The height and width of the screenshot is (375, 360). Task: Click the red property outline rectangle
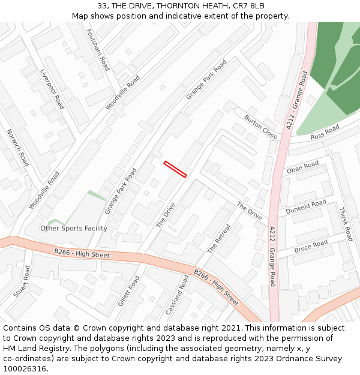175,169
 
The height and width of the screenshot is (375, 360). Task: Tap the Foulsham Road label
98,50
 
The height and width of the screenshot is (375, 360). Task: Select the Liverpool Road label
52,89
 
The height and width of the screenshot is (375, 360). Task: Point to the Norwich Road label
17,148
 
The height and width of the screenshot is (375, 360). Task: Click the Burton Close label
260,127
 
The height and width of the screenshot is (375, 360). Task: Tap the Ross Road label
325,133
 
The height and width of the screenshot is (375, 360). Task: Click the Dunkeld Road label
305,207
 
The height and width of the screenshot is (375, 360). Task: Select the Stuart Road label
22,281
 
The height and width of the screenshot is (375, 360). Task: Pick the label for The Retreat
219,238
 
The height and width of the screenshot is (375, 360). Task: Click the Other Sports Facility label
74,228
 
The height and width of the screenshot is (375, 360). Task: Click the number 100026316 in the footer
25,368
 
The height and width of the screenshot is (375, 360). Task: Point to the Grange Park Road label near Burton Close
206,79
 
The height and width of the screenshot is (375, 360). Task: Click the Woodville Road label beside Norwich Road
45,190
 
